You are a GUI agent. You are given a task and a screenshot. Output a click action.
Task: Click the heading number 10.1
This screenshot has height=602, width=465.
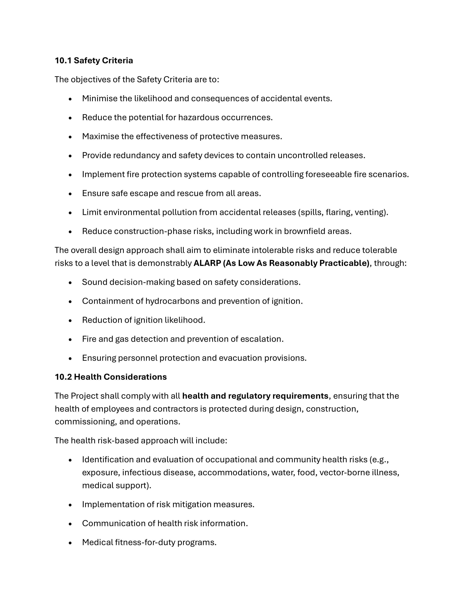pyautogui.click(x=63, y=60)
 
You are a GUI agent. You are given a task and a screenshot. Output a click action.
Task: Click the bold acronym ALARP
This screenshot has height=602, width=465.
pyautogui.click(x=207, y=263)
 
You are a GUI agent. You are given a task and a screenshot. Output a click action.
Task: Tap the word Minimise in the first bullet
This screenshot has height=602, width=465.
pyautogui.click(x=100, y=98)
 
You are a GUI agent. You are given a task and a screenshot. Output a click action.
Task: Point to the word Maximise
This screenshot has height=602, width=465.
pyautogui.click(x=100, y=136)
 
